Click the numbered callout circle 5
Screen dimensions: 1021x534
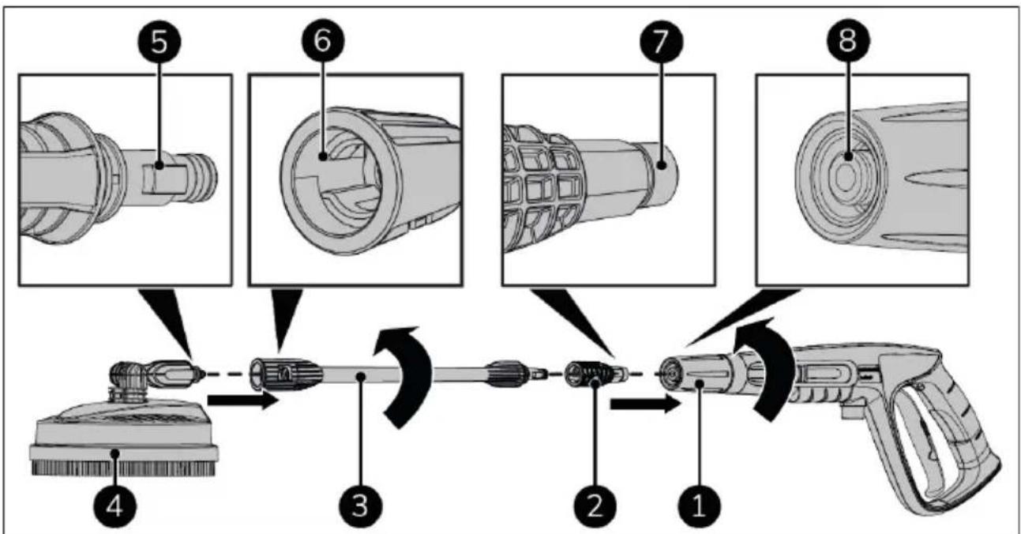click(x=159, y=42)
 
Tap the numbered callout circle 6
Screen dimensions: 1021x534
click(x=323, y=42)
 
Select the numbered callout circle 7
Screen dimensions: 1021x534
click(x=661, y=42)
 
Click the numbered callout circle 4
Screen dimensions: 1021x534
click(x=114, y=506)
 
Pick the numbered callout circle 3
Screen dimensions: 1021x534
click(x=361, y=506)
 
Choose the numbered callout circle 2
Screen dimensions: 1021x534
click(x=595, y=506)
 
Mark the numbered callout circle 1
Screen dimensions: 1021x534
click(x=700, y=506)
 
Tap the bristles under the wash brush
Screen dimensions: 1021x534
click(x=123, y=468)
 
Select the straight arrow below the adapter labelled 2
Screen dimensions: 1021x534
click(x=645, y=404)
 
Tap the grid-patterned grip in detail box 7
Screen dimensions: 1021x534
click(x=542, y=187)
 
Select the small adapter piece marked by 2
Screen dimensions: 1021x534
click(x=592, y=373)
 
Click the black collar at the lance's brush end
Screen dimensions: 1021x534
click(x=285, y=374)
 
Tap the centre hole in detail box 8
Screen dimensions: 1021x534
click(x=845, y=177)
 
